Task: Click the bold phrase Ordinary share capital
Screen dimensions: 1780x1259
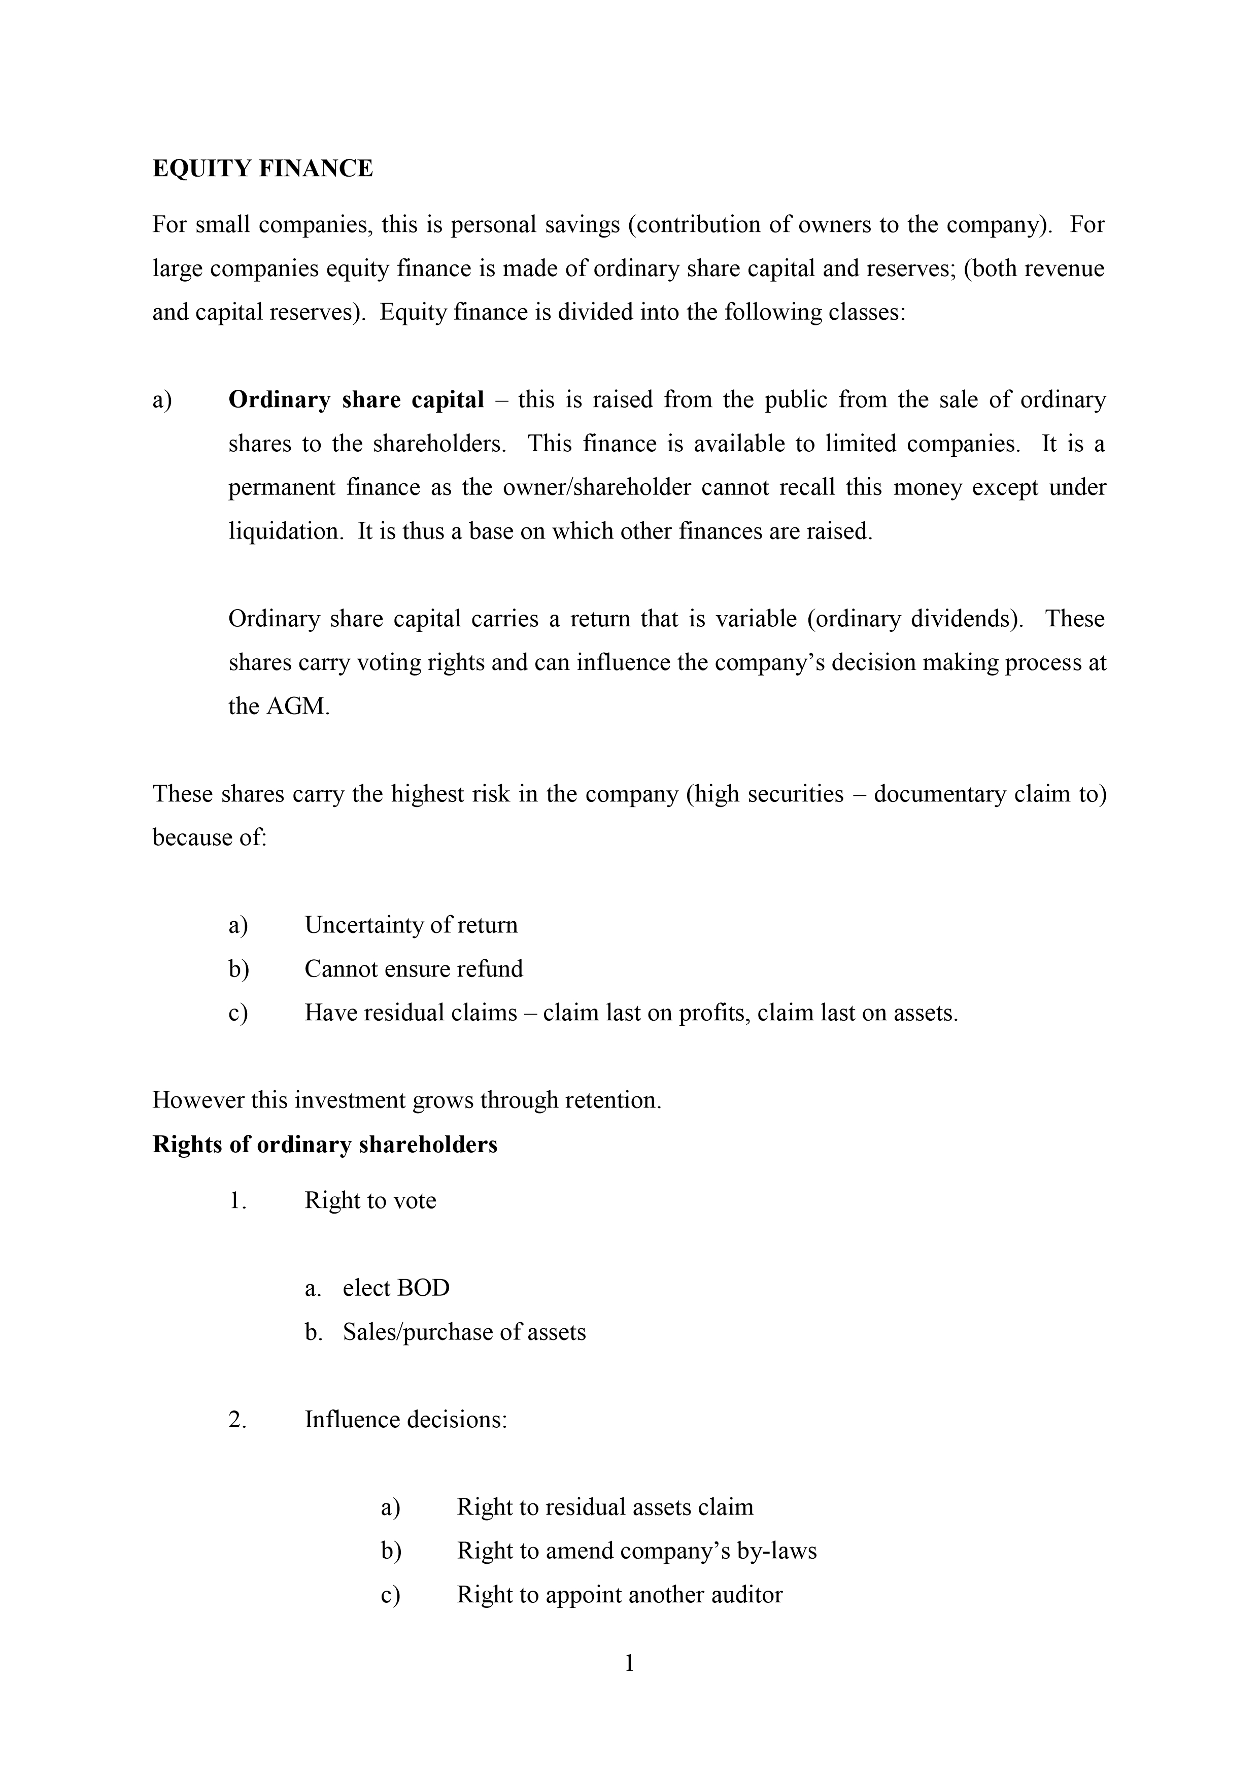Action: point(356,400)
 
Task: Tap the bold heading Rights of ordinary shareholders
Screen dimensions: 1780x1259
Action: point(325,1144)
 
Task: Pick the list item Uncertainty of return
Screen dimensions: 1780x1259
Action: point(411,925)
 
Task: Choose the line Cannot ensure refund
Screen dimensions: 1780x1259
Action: point(413,969)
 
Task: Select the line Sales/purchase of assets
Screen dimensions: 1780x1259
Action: point(464,1332)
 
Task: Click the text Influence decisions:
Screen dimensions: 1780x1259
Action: point(405,1420)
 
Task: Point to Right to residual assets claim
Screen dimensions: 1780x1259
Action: point(605,1507)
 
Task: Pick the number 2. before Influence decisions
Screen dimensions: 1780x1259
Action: point(237,1420)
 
